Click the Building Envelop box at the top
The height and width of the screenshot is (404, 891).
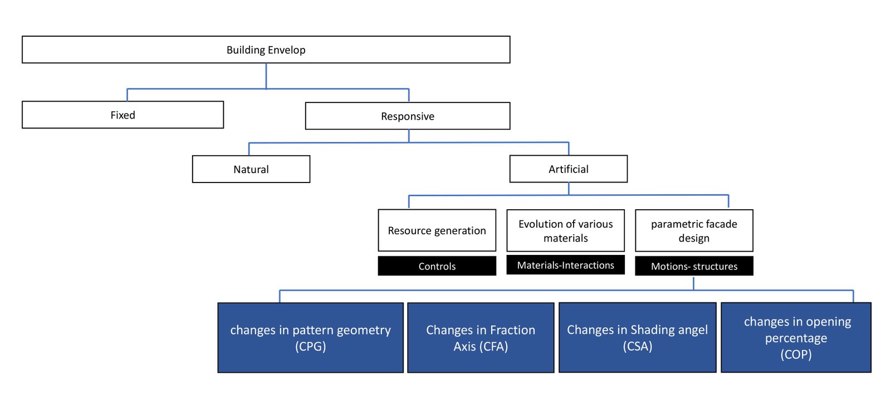coord(266,50)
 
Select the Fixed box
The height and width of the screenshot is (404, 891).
coord(123,115)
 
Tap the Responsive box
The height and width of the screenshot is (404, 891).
coord(407,116)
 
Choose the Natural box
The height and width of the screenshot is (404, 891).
coord(251,169)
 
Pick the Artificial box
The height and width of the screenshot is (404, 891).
coord(569,169)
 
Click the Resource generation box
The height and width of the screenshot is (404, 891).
coord(437,230)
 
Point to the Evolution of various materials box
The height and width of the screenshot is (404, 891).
coord(565,230)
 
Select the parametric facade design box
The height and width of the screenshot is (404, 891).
coord(694,230)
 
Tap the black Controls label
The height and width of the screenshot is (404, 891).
coord(437,265)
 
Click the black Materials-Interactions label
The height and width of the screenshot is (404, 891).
coord(565,265)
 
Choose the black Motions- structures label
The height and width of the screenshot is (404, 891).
coord(694,265)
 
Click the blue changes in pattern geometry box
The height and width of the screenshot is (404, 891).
coord(310,338)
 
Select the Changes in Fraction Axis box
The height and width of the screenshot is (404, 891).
coord(481,338)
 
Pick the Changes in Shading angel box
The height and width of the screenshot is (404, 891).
coord(637,338)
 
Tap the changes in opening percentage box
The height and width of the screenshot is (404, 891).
coord(796,338)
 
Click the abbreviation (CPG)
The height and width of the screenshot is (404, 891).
coord(310,346)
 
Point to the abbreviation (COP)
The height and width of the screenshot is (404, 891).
coord(796,354)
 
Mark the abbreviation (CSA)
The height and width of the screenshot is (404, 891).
coord(637,346)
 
